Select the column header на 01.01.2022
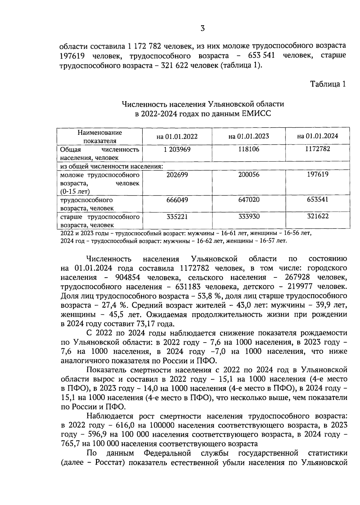(177, 136)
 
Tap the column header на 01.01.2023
(248, 136)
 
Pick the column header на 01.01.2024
(317, 136)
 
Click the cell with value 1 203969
(177, 149)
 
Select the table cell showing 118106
(249, 149)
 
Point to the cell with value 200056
(249, 174)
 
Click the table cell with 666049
(177, 200)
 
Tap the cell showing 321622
(318, 216)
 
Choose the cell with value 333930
(249, 216)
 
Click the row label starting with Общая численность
(100, 153)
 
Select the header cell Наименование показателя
(100, 137)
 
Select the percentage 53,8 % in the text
(209, 296)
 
